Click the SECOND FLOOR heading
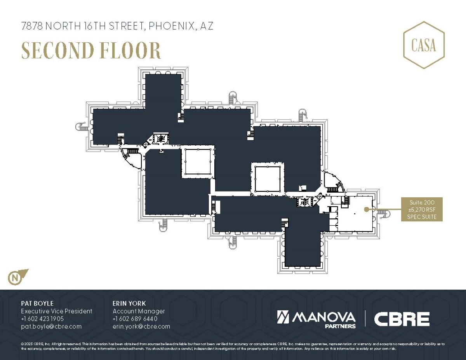[91, 50]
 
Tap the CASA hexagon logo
[424, 45]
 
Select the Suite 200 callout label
[422, 209]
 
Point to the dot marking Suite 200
[366, 209]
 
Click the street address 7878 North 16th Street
[117, 26]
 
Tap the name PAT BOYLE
[37, 303]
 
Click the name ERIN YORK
[129, 303]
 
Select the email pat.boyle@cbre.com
[51, 326]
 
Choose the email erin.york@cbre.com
[141, 326]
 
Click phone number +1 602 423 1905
[42, 319]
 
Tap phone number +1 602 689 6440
[135, 319]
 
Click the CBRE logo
[402, 319]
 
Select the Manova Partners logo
[316, 319]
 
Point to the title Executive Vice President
[57, 311]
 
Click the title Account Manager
[139, 311]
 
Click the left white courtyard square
[197, 162]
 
